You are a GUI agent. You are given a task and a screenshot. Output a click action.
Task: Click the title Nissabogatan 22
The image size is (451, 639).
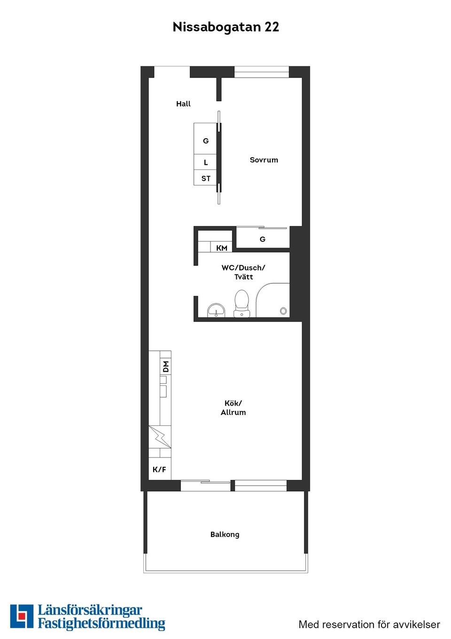click(x=225, y=27)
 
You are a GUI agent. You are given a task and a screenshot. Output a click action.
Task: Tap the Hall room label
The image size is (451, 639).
click(x=183, y=104)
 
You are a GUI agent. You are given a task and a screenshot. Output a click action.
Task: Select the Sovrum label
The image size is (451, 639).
click(x=264, y=160)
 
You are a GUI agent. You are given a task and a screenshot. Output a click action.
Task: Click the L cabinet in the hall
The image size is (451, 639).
click(x=205, y=162)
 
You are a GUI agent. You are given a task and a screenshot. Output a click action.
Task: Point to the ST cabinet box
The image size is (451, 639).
click(x=205, y=178)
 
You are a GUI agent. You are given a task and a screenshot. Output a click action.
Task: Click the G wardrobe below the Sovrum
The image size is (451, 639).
click(x=262, y=239)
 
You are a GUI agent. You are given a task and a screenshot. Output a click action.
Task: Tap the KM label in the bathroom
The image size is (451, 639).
click(x=221, y=248)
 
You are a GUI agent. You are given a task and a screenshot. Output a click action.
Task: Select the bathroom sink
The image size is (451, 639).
click(x=216, y=311)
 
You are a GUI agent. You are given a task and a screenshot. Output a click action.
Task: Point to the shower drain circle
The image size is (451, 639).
click(x=283, y=311)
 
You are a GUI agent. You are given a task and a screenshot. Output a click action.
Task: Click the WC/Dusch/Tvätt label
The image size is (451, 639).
click(x=243, y=272)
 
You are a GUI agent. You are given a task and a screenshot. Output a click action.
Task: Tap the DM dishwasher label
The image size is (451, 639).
click(x=165, y=367)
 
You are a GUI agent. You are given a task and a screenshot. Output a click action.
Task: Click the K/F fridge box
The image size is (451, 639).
click(x=159, y=469)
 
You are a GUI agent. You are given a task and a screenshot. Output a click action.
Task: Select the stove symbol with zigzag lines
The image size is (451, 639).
click(x=160, y=437)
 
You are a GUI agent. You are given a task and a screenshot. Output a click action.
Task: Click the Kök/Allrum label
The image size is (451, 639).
click(x=233, y=407)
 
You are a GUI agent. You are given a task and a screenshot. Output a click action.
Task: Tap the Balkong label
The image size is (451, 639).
click(x=225, y=535)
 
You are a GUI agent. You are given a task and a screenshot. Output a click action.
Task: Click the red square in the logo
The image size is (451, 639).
click(x=22, y=615)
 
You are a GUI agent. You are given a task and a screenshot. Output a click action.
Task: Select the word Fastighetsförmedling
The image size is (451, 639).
click(x=101, y=624)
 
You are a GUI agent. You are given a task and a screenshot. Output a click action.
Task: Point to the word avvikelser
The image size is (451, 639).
click(x=416, y=624)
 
